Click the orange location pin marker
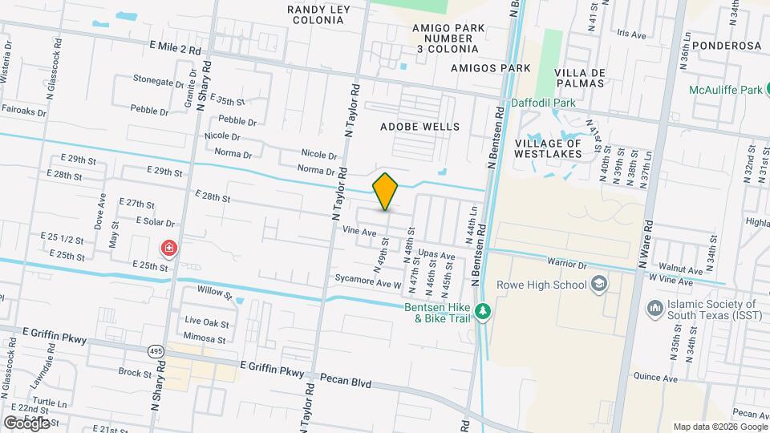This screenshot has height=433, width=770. (386, 192)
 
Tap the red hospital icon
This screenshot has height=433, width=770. (168, 248)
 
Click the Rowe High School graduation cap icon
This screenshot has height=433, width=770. (598, 283)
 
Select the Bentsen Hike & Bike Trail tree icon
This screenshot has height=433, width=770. (482, 310)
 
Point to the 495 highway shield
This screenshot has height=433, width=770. (157, 351)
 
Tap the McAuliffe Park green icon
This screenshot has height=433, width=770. (695, 90)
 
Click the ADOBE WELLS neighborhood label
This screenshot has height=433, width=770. (419, 127)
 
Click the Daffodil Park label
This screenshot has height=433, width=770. (543, 103)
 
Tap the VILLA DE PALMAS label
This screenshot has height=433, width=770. (579, 79)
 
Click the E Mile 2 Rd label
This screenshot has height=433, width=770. (173, 49)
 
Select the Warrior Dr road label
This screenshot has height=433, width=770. (568, 262)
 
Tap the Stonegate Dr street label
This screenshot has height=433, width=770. (159, 81)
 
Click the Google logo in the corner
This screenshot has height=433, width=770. (26, 423)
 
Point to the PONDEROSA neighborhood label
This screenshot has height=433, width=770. (726, 46)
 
